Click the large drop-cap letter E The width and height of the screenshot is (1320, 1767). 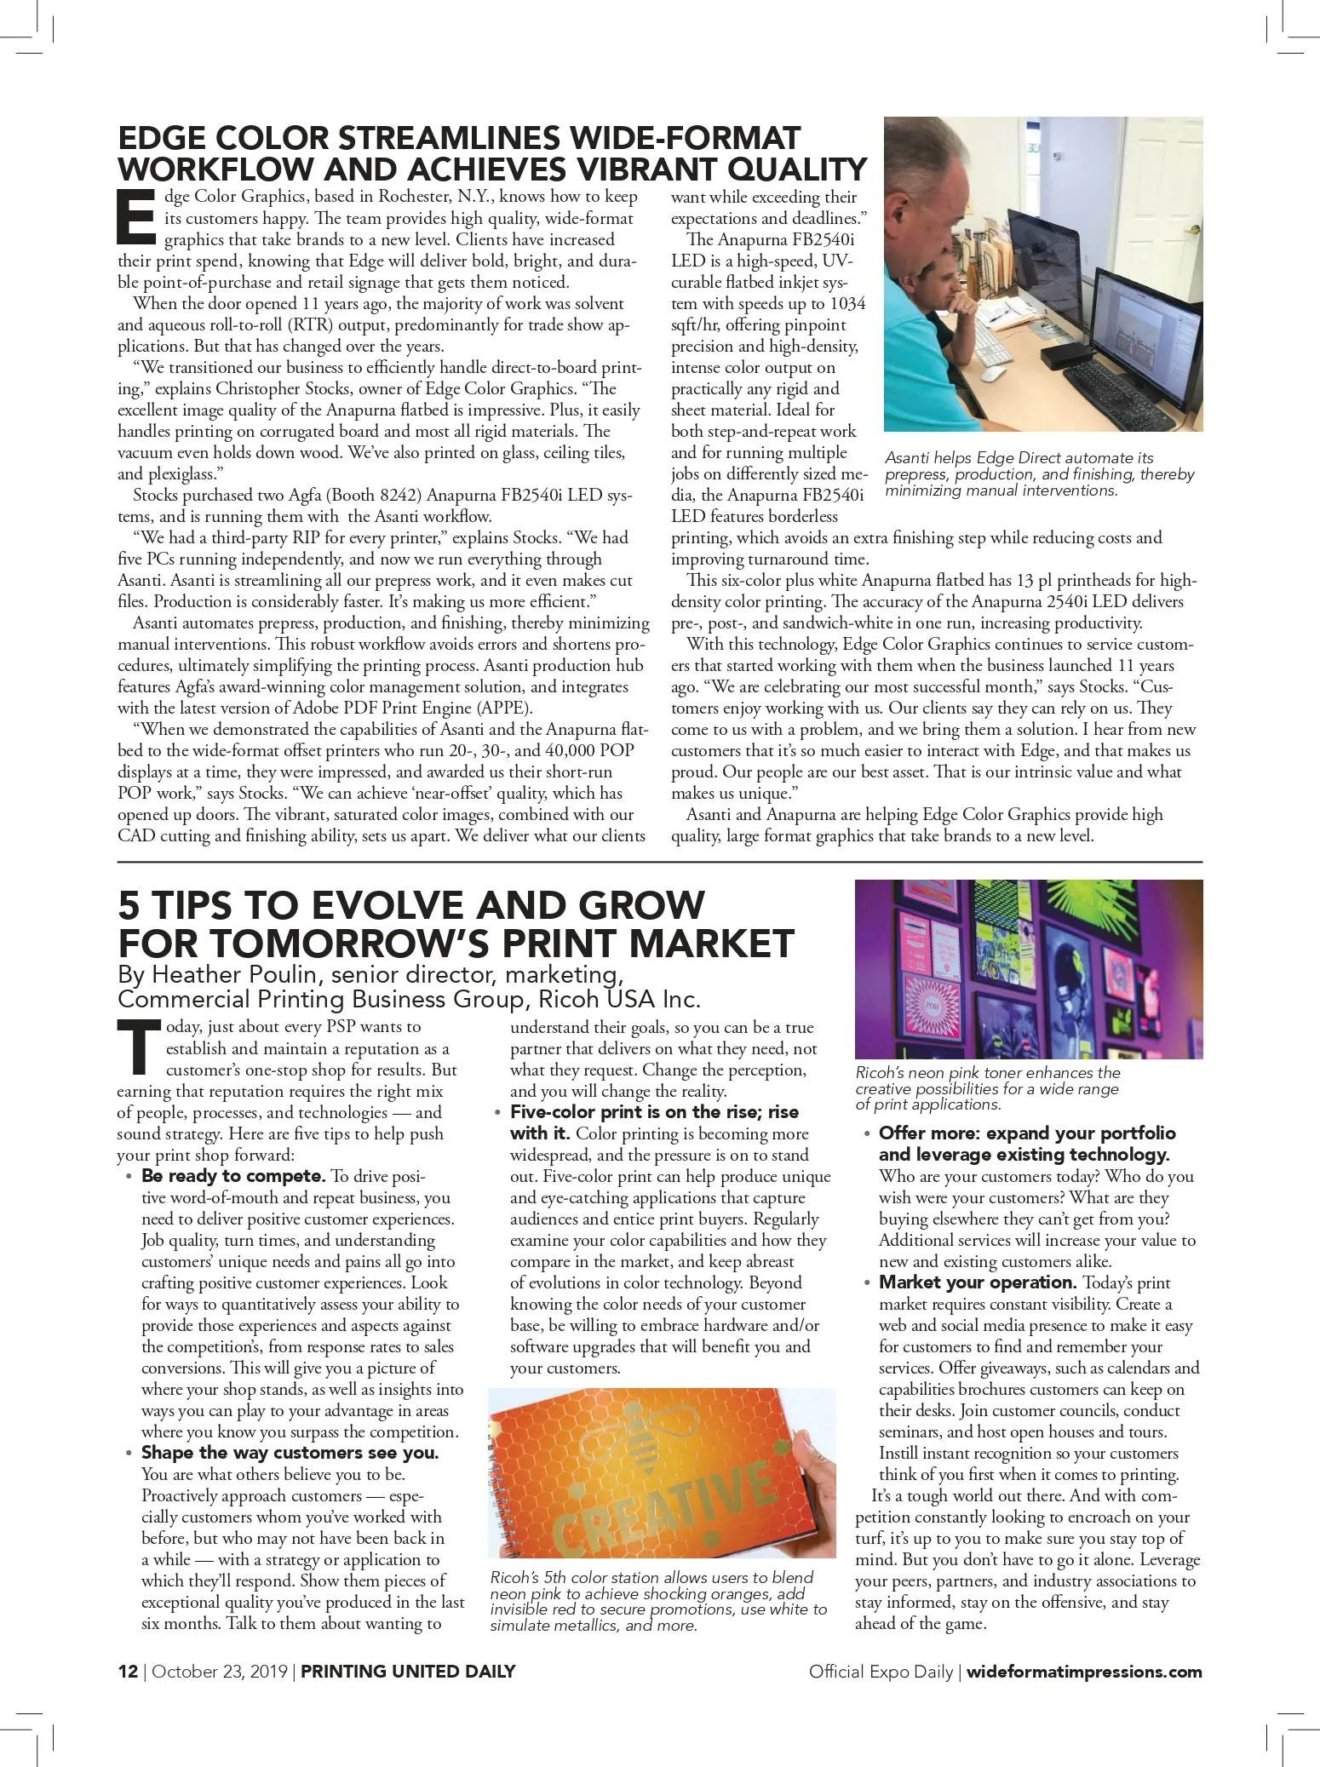pos(136,215)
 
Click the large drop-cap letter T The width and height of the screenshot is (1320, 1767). pos(138,1046)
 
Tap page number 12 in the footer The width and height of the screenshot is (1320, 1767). pos(128,1671)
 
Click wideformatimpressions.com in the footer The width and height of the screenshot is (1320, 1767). pos(1084,1671)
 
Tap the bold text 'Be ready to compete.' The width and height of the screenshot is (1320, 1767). pos(233,1176)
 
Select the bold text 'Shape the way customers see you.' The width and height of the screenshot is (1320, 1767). pos(290,1453)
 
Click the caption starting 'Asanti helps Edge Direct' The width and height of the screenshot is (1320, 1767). pos(1039,474)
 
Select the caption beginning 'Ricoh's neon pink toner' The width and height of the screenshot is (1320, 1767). pos(988,1088)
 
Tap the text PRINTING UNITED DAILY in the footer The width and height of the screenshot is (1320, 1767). pos(408,1671)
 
